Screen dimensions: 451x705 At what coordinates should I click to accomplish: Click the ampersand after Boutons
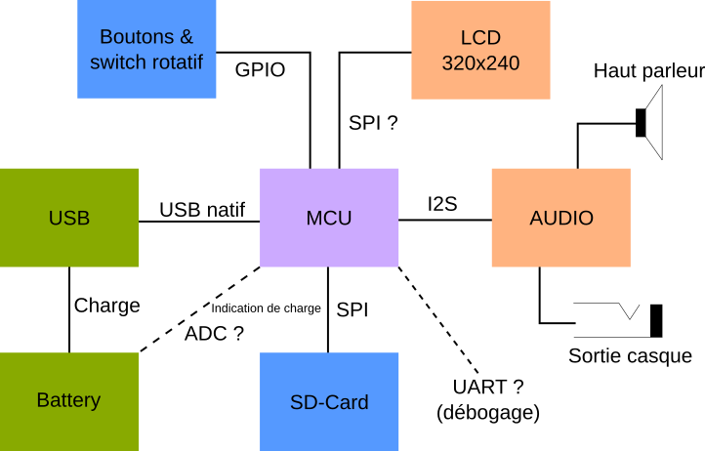coord(186,37)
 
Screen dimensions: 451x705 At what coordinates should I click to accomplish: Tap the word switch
coord(119,62)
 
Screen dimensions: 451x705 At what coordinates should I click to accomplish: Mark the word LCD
coord(480,38)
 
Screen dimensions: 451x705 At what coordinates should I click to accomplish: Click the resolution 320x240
coord(480,63)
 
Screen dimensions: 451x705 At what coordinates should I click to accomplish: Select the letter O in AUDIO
coord(586,218)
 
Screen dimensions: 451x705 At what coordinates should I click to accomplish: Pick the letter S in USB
coord(69,218)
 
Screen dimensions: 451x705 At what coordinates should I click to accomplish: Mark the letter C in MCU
coord(329,218)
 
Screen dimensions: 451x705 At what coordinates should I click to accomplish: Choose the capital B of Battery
coord(42,399)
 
